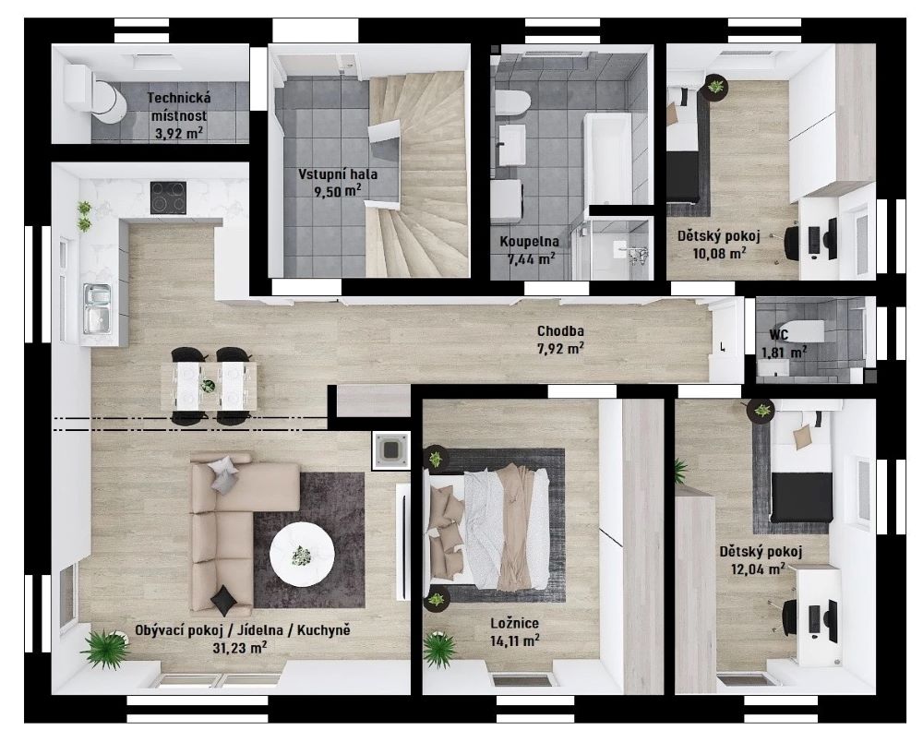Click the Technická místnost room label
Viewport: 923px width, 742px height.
coord(178,106)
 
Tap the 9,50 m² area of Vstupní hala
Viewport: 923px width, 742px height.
coord(337,192)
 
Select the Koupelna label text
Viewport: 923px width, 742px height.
coord(529,241)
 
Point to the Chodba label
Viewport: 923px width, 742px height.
coord(560,331)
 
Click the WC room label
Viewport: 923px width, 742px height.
coord(779,335)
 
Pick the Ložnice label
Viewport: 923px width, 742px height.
coord(515,623)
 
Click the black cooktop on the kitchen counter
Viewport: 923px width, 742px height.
coord(168,197)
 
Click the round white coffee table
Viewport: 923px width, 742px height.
coord(302,554)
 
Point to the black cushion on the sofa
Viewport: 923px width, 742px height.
coord(223,600)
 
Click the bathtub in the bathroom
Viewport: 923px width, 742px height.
coord(607,159)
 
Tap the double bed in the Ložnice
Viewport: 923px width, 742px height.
coord(488,525)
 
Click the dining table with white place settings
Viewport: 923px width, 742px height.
coord(209,386)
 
